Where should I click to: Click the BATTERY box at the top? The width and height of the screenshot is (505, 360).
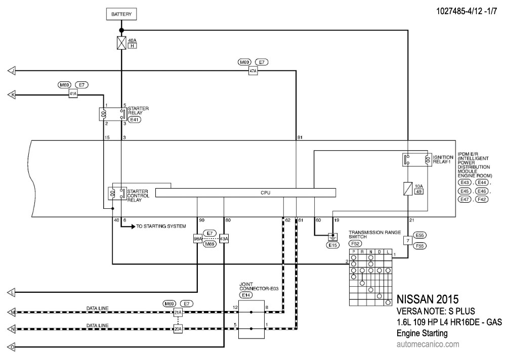(121, 15)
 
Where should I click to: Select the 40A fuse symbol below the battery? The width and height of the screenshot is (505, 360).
(121, 42)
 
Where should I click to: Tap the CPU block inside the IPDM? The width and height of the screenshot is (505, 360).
(245, 193)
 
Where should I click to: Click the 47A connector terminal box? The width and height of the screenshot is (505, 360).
(253, 71)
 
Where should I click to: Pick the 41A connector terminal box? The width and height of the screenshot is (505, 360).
(73, 94)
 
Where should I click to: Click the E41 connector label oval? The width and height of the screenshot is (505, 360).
(135, 120)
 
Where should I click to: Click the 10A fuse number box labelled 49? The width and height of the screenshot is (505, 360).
(418, 192)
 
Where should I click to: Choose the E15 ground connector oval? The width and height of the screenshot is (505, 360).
(332, 245)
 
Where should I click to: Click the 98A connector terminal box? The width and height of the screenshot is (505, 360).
(197, 239)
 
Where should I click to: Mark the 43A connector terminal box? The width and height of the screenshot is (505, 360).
(224, 239)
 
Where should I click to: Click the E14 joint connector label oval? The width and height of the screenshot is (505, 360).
(246, 295)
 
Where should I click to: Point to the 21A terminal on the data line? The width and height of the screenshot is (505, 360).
(178, 312)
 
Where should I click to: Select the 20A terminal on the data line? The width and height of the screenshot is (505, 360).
(178, 329)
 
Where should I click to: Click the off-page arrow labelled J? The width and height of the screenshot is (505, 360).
(12, 71)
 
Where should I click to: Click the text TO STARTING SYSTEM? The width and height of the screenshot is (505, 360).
(161, 227)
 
